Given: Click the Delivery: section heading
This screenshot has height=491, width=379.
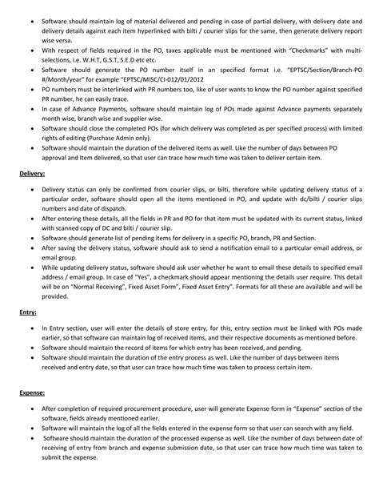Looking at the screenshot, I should [32, 173].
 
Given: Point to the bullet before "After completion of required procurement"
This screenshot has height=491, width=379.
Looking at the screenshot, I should [31, 411].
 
